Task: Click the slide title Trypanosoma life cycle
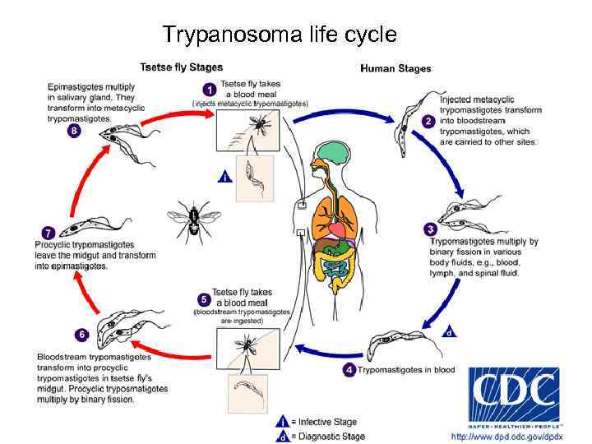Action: [279, 35]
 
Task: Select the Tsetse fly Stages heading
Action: [181, 67]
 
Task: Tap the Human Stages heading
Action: [395, 68]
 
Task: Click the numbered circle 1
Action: [210, 89]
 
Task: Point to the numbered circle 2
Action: [428, 120]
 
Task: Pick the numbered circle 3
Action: [429, 228]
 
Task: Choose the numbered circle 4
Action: [350, 369]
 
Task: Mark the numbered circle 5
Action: [202, 299]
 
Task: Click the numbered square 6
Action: [81, 335]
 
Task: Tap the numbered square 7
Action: [49, 234]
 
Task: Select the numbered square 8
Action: [75, 130]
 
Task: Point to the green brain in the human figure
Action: [335, 153]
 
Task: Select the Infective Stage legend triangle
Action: [283, 421]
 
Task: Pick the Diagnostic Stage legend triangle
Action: [283, 436]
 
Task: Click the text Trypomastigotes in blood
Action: [406, 370]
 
